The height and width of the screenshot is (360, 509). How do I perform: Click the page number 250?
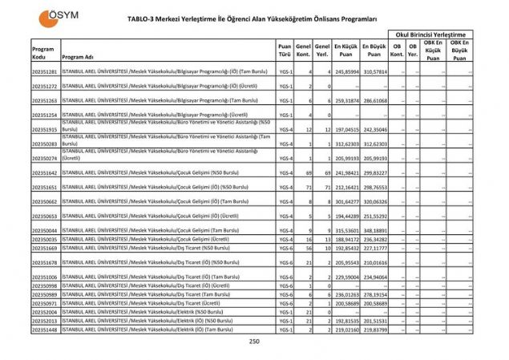(254, 342)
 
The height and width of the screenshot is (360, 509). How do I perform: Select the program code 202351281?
(45, 72)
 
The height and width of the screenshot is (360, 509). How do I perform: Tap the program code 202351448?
(45, 330)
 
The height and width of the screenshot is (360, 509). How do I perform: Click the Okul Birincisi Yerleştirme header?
(429, 34)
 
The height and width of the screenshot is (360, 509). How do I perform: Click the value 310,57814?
(374, 72)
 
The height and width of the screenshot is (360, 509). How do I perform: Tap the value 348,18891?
(374, 230)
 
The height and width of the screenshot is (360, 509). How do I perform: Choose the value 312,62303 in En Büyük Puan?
(374, 144)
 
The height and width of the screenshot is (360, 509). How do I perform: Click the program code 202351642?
(45, 173)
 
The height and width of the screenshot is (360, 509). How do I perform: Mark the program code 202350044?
(45, 230)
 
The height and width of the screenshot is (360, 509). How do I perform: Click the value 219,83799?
(374, 330)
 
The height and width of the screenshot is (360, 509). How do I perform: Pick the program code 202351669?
(45, 248)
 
